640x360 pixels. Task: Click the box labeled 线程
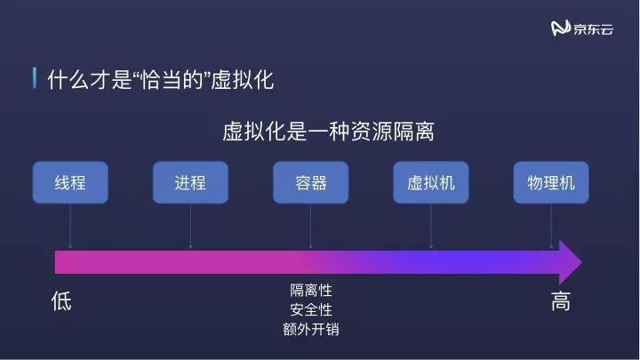click(69, 183)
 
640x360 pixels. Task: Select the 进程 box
click(190, 183)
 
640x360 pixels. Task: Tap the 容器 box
click(310, 183)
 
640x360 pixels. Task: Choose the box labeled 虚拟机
click(431, 183)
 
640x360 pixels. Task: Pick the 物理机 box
click(551, 183)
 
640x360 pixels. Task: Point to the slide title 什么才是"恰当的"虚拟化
click(160, 80)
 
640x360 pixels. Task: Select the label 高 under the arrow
click(560, 301)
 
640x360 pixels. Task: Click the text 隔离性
click(310, 291)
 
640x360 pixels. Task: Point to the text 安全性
click(310, 309)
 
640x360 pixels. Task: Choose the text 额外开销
click(310, 329)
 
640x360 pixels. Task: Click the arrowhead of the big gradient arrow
click(569, 261)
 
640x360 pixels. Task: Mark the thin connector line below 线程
click(69, 227)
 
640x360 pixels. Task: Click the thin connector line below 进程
click(190, 227)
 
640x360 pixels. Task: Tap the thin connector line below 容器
click(310, 227)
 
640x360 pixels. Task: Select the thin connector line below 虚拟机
click(431, 227)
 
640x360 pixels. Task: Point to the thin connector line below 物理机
click(551, 227)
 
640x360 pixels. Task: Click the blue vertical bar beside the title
click(35, 79)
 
